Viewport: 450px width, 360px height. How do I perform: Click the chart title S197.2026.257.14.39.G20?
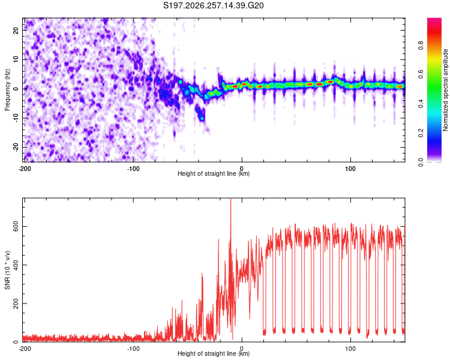(213, 5)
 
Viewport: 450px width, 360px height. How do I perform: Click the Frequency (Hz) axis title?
(7, 89)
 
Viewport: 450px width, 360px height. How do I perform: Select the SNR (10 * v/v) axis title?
(7, 270)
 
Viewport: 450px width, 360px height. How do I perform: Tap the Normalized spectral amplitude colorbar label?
(445, 89)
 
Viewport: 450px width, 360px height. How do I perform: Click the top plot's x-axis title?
(214, 173)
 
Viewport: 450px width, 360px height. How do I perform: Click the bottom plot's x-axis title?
(214, 353)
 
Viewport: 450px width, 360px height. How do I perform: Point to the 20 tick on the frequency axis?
(16, 31)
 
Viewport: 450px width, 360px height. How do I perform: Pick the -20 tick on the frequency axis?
(16, 147)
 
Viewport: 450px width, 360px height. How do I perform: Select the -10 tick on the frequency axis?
(16, 118)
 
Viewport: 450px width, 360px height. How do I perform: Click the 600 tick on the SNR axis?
(16, 227)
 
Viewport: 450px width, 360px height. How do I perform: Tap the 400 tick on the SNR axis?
(16, 265)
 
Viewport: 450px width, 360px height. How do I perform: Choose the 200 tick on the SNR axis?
(16, 304)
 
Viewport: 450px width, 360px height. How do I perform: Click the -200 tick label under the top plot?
(25, 169)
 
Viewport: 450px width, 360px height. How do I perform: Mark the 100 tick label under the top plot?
(350, 169)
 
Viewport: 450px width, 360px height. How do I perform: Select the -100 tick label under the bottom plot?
(133, 349)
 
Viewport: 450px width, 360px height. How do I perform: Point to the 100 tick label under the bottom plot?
(350, 349)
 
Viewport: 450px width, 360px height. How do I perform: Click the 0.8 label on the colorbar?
(421, 46)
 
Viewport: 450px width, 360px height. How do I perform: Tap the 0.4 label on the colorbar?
(421, 104)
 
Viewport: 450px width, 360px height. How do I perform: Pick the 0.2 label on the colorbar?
(421, 133)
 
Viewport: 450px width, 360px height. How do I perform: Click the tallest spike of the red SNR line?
(231, 199)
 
